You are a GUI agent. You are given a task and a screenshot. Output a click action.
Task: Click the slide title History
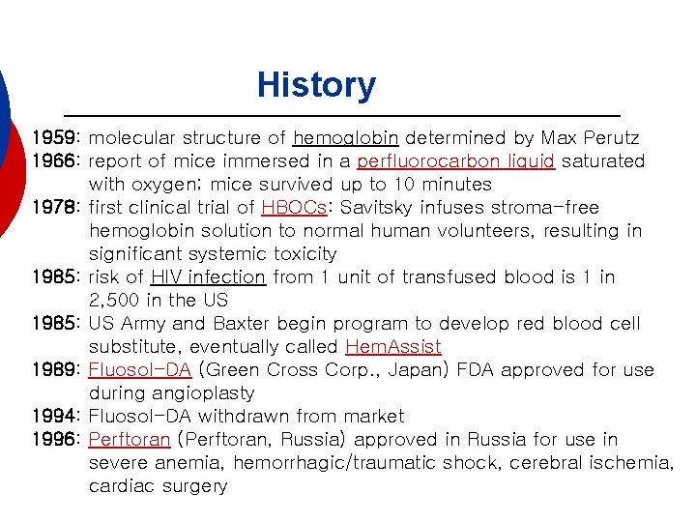coord(316,85)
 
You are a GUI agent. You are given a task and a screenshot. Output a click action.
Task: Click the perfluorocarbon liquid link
coord(455,161)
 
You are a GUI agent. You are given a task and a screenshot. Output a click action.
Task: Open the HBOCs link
coord(285,208)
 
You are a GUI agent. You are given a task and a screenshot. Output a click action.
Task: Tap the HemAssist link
coord(392,347)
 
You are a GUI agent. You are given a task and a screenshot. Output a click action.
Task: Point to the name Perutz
coord(611,138)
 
